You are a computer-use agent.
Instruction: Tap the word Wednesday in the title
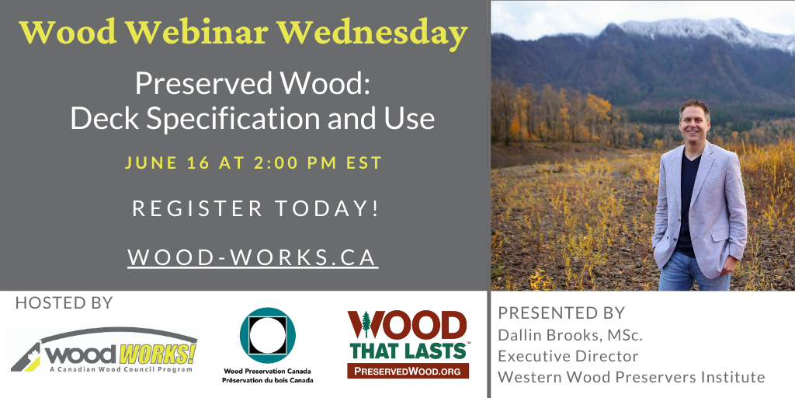372,33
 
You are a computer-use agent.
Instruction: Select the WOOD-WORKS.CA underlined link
252,257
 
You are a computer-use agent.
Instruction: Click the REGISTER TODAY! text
255,208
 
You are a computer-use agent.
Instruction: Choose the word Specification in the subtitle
228,120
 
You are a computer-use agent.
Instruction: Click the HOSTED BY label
64,303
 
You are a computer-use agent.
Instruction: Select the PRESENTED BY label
561,312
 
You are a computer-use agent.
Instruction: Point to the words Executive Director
568,356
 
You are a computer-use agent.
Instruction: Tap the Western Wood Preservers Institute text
631,377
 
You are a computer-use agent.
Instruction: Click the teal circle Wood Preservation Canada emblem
268,335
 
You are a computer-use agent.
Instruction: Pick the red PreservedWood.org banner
408,371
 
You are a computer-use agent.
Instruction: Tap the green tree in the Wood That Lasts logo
366,324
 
